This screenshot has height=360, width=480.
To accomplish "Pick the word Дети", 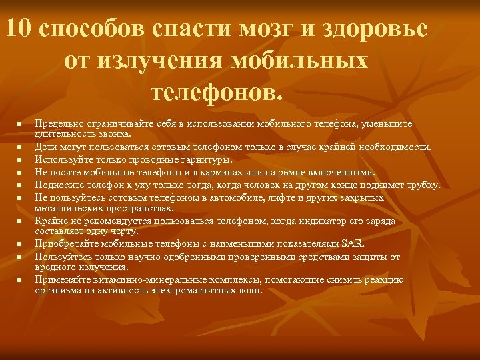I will [45, 147].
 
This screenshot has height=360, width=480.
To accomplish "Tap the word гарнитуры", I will [207, 159].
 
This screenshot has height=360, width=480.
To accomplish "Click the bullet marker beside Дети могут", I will [20, 147].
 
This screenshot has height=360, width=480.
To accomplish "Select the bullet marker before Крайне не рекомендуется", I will [20, 221].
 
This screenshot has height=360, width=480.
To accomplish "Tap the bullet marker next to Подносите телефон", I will [20, 185].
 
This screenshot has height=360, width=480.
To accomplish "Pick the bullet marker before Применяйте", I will [20, 281].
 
